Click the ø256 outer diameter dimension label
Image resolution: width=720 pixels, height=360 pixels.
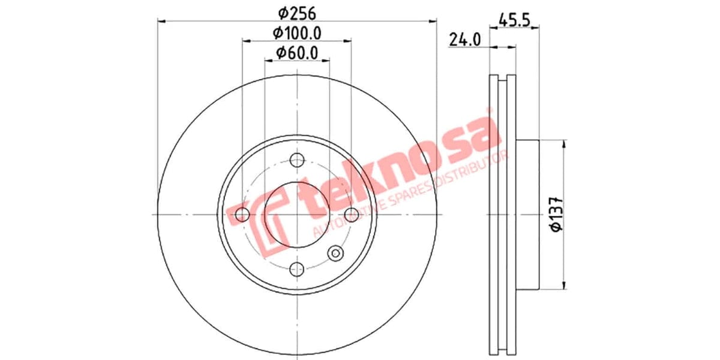click(297, 12)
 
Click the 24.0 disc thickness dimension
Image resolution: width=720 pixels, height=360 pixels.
click(465, 40)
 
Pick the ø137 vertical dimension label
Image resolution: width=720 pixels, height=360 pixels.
click(556, 213)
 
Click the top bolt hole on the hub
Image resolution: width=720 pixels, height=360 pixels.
click(296, 160)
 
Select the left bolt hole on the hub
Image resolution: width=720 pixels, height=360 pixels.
click(242, 215)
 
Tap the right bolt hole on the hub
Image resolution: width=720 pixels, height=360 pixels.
click(351, 215)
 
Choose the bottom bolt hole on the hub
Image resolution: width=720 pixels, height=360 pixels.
click(296, 269)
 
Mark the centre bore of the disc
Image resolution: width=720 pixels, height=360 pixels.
click(296, 215)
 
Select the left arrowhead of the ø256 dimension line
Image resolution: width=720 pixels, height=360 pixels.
click(161, 22)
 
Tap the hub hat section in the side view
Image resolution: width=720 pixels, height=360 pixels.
click(528, 215)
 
